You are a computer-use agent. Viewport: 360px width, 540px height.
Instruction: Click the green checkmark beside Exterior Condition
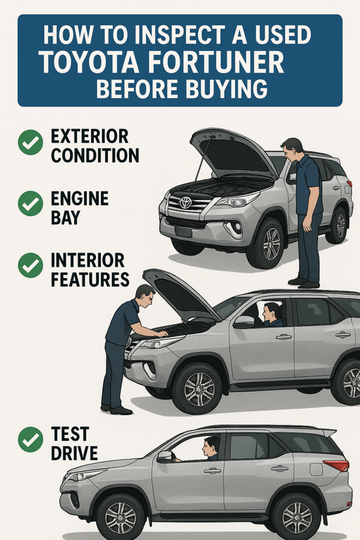coord(31,142)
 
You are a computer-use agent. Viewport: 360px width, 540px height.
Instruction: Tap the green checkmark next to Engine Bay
coord(31,204)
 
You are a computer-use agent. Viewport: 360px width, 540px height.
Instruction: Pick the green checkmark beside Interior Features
coord(31,265)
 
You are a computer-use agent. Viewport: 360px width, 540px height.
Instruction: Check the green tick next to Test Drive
coord(31,439)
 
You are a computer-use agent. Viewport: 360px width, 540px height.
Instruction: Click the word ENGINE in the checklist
coord(80,198)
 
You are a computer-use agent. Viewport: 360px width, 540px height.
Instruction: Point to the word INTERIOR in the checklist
coord(88,260)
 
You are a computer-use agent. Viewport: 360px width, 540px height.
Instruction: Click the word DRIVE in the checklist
coord(74,453)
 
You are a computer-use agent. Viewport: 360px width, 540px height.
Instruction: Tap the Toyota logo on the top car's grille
coord(186,202)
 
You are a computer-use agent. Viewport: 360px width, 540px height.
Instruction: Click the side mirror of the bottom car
coord(165,457)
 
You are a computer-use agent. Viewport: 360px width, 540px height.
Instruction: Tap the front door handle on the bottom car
coord(212,470)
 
